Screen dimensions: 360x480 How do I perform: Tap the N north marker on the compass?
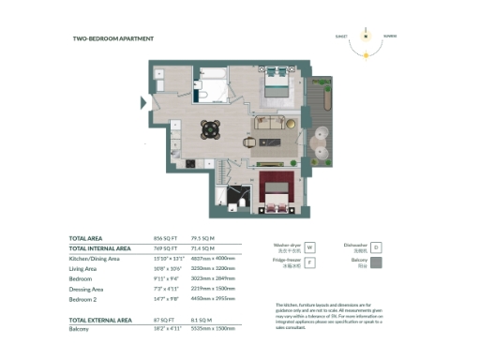[x=367, y=28]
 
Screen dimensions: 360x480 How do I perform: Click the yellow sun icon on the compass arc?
[x=367, y=54]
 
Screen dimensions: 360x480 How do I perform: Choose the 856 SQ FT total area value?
[x=165, y=238]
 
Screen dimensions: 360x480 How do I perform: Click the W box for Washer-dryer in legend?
[x=310, y=247]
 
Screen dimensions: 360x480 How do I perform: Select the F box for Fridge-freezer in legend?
[x=310, y=264]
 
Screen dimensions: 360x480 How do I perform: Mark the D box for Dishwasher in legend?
[x=376, y=247]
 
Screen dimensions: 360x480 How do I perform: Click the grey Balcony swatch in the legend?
[x=376, y=264]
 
